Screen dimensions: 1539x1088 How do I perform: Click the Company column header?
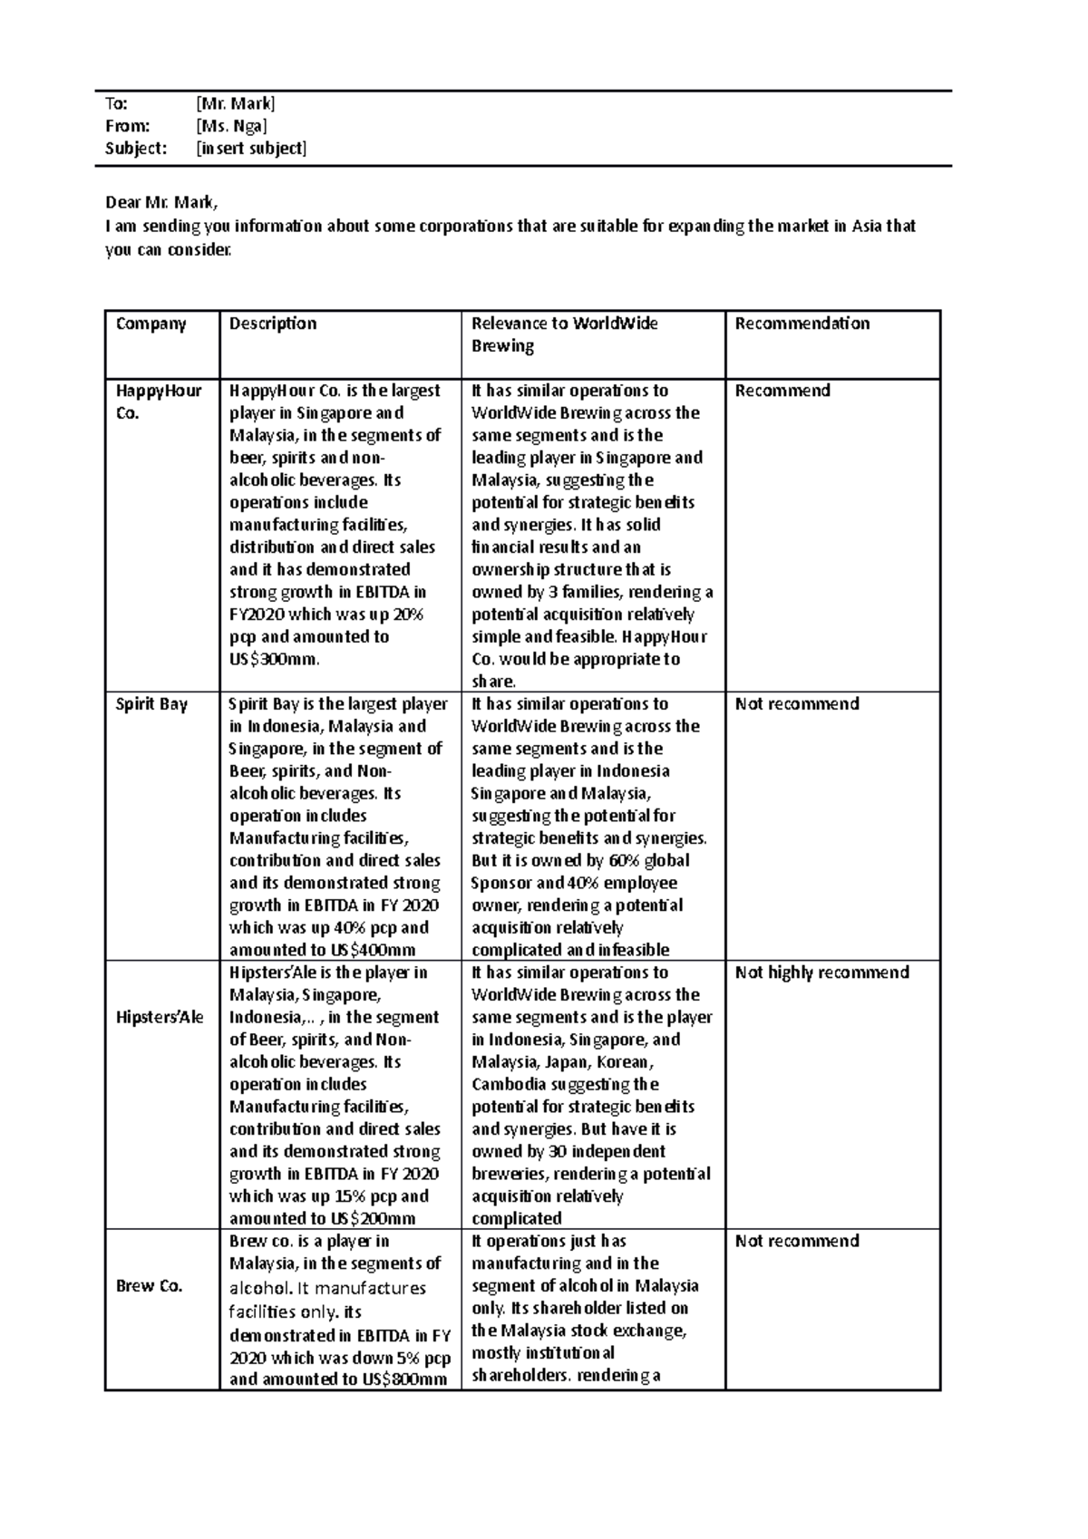coord(151,324)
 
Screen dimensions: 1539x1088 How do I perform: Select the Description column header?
coord(273,324)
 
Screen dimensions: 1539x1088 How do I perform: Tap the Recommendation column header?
coord(801,324)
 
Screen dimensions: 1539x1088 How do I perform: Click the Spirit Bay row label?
coord(151,704)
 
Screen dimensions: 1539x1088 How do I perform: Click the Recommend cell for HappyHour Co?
coord(782,391)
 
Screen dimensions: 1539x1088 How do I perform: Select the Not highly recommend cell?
coord(821,973)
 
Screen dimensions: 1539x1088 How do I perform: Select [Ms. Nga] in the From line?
coord(231,126)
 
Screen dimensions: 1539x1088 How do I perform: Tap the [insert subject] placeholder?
coord(251,149)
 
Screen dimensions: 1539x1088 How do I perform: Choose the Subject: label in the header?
coord(136,149)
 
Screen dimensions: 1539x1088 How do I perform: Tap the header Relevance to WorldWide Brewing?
coord(564,334)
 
